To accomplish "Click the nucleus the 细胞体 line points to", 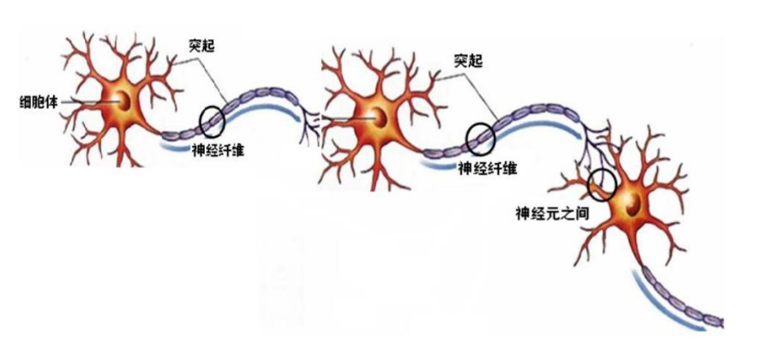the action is (125, 102).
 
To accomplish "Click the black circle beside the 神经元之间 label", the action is (603, 183).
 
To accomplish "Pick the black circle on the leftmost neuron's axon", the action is (213, 121).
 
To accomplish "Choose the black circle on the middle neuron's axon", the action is (479, 135).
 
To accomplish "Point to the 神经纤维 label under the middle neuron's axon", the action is (488, 167).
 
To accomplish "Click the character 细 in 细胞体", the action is (27, 99).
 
